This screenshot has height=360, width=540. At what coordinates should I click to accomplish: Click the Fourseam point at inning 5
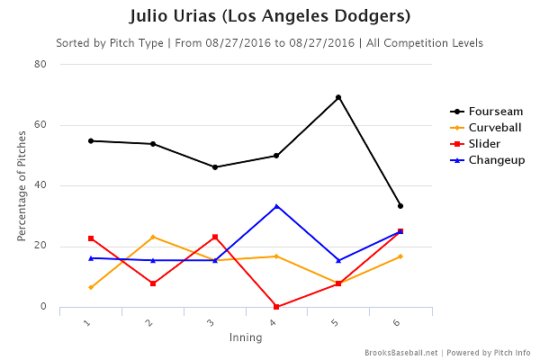338,97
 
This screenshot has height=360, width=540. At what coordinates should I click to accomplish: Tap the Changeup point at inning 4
276,205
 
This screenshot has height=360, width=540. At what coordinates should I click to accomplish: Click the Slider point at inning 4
276,307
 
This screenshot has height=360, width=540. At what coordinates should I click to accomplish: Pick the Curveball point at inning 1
91,287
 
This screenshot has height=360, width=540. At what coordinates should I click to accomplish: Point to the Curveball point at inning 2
153,237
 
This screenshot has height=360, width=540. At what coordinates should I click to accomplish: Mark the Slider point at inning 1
91,238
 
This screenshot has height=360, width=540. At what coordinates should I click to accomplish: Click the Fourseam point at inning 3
215,167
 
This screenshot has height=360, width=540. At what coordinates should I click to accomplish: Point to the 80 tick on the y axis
41,64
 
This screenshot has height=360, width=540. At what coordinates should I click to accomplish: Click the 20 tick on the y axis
41,247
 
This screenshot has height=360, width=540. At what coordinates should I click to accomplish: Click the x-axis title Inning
245,338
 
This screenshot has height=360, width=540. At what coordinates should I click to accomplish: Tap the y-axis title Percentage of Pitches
21,185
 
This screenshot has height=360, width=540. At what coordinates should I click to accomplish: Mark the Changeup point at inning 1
91,258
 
